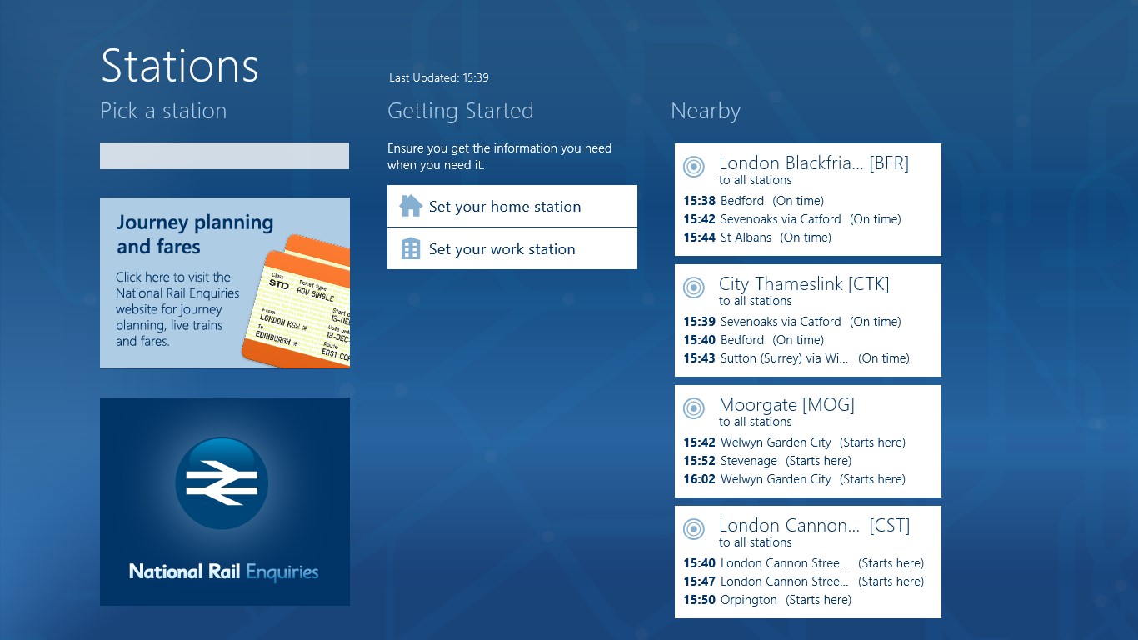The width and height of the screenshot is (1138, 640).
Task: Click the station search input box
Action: click(224, 156)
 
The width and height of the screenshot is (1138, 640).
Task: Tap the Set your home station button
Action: click(512, 206)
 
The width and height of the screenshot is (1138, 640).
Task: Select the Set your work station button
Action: click(512, 248)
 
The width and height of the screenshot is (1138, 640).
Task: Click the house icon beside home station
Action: click(411, 206)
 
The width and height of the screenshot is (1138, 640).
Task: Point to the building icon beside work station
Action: click(411, 248)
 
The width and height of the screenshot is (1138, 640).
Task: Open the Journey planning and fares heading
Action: click(195, 234)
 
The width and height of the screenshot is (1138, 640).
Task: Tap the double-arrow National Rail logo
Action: click(222, 482)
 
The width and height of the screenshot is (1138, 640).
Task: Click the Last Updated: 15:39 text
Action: click(438, 77)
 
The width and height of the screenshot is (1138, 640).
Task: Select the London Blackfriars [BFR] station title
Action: click(813, 163)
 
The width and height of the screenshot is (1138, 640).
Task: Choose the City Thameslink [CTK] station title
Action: click(804, 284)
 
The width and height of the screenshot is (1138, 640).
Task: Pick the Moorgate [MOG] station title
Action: click(786, 405)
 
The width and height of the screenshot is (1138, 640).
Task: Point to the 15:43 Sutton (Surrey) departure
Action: click(796, 358)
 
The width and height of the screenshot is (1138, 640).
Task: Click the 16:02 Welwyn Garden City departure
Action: click(793, 479)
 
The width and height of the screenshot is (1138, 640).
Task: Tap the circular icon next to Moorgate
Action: click(693, 408)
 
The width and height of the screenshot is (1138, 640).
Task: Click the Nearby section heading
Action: click(705, 111)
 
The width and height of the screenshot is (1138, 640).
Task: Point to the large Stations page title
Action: click(179, 66)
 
